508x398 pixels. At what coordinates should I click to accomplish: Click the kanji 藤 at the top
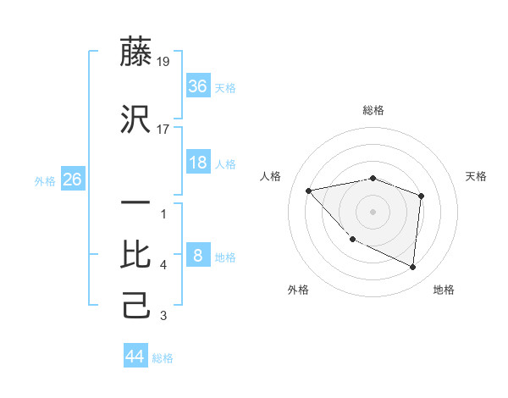tap(137, 53)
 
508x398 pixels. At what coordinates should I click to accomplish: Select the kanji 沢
tap(137, 120)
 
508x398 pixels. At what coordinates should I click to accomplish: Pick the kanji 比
tap(137, 254)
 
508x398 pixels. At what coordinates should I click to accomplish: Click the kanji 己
tap(137, 305)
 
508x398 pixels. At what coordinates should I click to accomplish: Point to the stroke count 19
tap(163, 62)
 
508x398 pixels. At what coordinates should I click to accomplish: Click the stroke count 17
tap(163, 130)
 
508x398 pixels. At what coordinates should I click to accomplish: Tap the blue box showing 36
tap(197, 86)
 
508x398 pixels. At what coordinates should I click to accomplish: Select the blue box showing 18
tap(197, 163)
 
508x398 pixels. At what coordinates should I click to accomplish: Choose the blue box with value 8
tap(197, 256)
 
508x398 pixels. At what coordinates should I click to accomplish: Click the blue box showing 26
tap(72, 180)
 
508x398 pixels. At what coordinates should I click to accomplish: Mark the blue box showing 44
tap(135, 357)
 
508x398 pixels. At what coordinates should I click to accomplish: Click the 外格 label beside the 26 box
tap(45, 180)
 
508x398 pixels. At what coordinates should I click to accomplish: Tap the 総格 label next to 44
tap(163, 358)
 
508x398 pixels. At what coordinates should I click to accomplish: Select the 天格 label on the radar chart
tap(477, 176)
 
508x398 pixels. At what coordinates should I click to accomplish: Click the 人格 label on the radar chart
tap(271, 176)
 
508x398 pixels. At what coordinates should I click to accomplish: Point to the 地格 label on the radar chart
tap(444, 290)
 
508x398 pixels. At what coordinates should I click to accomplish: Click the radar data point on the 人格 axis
tap(309, 191)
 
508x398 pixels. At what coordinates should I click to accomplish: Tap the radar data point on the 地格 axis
tap(412, 268)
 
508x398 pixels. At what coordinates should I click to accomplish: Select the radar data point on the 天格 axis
tap(421, 196)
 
